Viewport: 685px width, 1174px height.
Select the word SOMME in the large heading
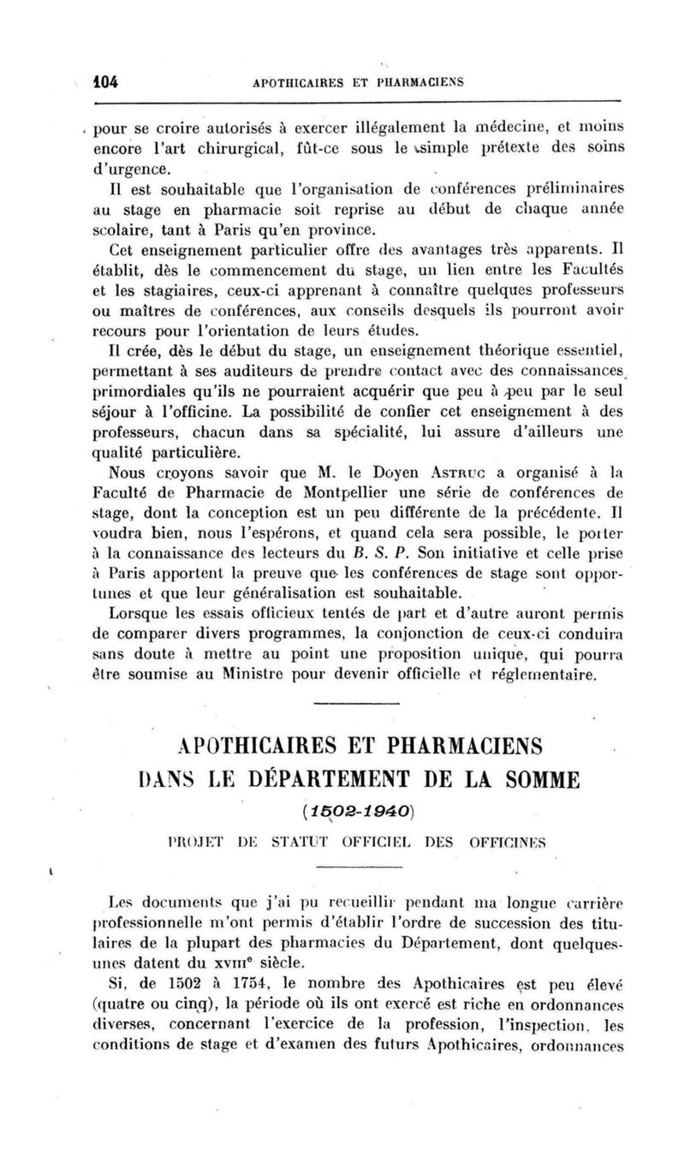[534, 778]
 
